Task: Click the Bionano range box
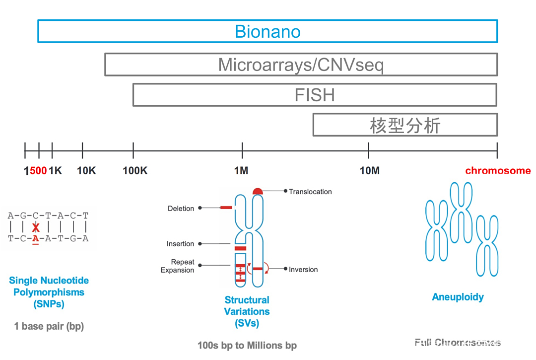click(268, 31)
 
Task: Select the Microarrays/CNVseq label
click(301, 65)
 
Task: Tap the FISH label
click(315, 95)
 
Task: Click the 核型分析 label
click(405, 125)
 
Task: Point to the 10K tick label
click(86, 171)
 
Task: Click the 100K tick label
click(135, 171)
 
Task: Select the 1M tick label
click(241, 171)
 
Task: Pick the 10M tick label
click(369, 171)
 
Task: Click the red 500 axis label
click(38, 171)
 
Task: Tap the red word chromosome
click(498, 171)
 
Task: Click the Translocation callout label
click(310, 192)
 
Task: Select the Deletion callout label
click(181, 209)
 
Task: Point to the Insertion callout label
click(180, 244)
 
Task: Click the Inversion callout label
click(303, 270)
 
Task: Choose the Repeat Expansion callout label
click(177, 266)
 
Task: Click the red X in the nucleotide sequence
click(35, 227)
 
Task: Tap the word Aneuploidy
click(458, 297)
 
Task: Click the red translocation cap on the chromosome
click(258, 191)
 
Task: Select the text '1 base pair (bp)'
click(49, 326)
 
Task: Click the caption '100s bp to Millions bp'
click(247, 345)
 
